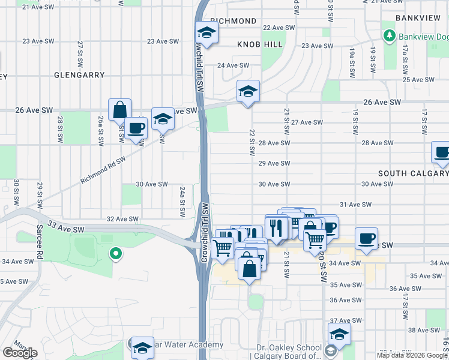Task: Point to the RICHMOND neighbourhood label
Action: pos(234,21)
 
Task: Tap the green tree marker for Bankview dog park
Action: pos(388,35)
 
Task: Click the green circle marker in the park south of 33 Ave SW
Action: pos(115,254)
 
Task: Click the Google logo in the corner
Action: pos(20,353)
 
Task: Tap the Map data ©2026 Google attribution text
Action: pos(412,355)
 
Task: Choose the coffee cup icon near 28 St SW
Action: pos(136,128)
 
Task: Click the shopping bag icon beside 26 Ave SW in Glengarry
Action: pos(120,110)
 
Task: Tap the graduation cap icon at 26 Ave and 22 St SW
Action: pos(248,91)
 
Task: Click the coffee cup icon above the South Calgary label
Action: pos(442,152)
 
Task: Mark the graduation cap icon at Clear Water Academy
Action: pos(142,347)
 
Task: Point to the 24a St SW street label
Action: pos(181,202)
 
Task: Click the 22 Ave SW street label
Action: pos(279,28)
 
